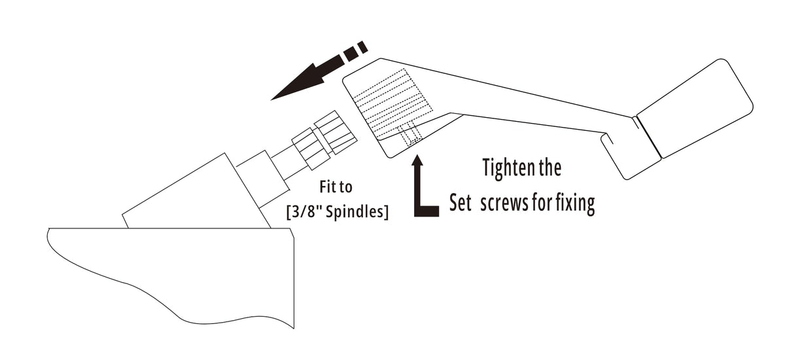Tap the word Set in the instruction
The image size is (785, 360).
[461, 203]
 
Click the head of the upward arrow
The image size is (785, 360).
[417, 160]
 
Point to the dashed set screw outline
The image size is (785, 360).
[410, 134]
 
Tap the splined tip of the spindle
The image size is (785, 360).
[336, 132]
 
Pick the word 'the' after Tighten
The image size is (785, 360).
[550, 168]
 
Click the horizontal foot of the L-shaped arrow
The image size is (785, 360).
[427, 211]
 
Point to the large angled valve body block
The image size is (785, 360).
[196, 191]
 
